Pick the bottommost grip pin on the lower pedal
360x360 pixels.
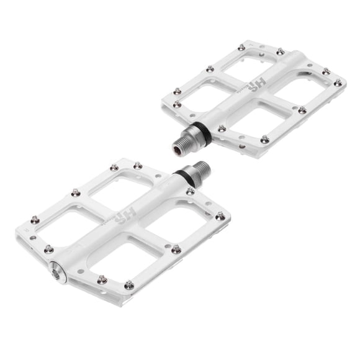(x=128, y=285)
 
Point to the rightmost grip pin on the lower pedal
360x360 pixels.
(x=220, y=215)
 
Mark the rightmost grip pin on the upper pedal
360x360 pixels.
(x=338, y=83)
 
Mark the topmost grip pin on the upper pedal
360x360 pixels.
(x=241, y=47)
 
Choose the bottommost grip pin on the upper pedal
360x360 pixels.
(x=265, y=140)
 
